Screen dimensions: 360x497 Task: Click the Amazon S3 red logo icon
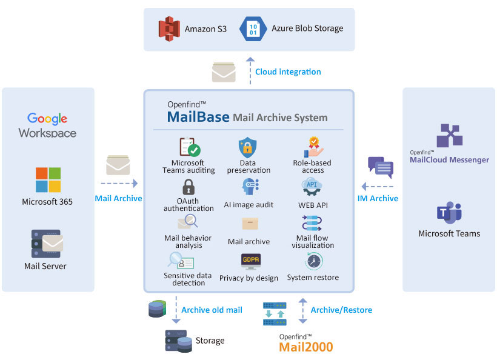coord(169,28)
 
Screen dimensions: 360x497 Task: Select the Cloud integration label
coord(288,72)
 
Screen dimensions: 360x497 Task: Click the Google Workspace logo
coord(47,125)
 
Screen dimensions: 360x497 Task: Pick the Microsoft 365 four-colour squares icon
coord(48,180)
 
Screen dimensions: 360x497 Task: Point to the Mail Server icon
coord(47,244)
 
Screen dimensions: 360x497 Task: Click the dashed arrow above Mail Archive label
coord(119,182)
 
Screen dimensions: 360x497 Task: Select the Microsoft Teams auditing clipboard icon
coord(189,147)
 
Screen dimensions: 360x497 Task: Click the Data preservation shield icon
coord(248,147)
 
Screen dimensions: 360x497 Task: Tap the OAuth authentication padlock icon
coord(188,185)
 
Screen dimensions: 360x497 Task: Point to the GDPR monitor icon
coord(250,261)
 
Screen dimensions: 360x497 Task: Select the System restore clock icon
coord(313,261)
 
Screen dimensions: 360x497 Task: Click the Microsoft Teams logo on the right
coord(449,213)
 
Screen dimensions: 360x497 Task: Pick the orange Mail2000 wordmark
coord(305,347)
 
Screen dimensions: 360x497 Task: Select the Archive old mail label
coord(212,310)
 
